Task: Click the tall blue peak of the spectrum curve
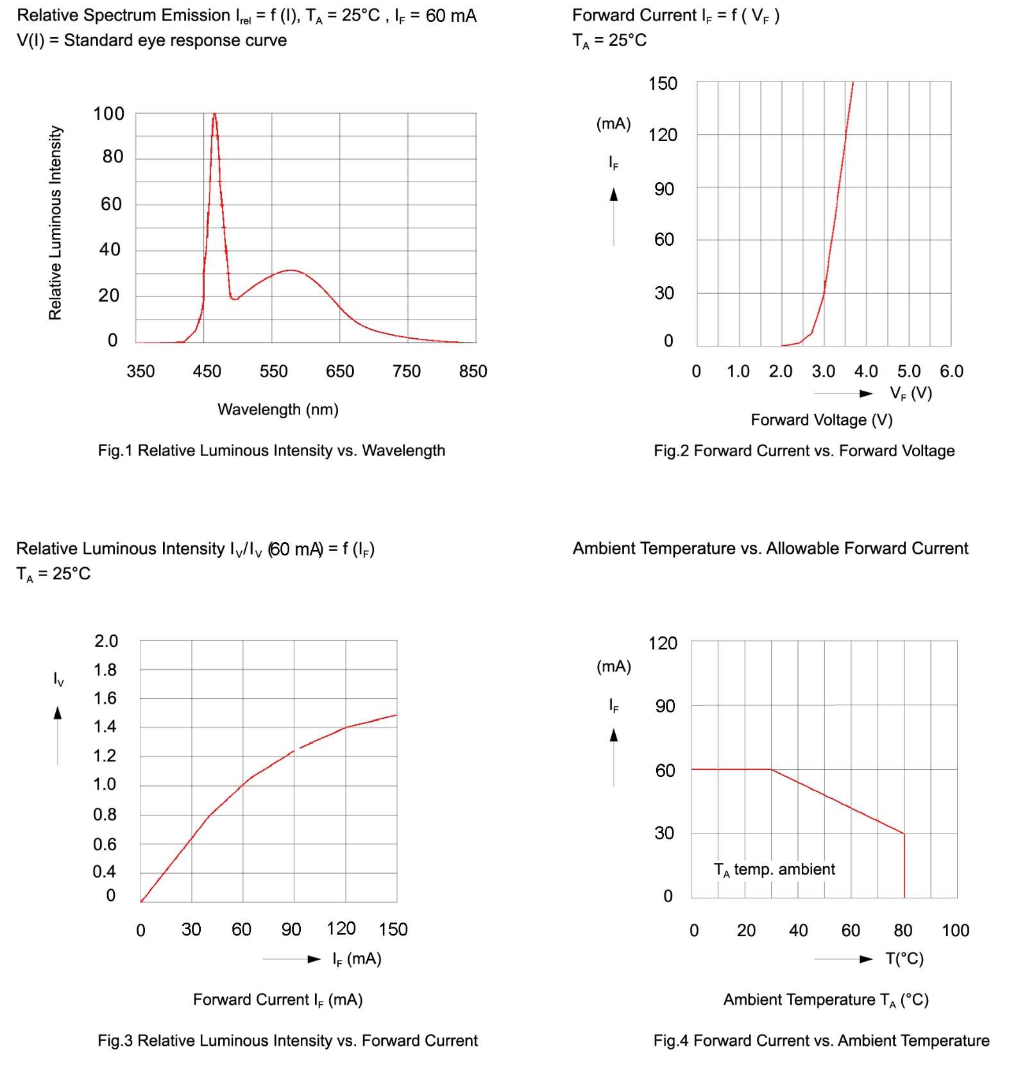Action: pos(214,115)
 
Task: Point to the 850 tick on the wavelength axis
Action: pos(473,371)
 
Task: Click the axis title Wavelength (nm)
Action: pos(278,409)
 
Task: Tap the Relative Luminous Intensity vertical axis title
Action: pos(56,223)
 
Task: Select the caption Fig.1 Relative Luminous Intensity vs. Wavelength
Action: pos(271,450)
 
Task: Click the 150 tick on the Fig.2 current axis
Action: pos(663,83)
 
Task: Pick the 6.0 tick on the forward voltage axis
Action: pos(951,371)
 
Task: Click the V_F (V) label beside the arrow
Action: pos(910,393)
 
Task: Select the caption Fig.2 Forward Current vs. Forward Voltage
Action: pos(804,450)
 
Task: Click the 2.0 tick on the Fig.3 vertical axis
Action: pos(106,641)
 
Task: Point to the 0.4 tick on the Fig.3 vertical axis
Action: pos(104,871)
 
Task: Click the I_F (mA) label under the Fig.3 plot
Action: pos(356,959)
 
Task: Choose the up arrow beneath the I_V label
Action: pos(58,713)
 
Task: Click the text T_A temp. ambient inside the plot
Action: pos(774,869)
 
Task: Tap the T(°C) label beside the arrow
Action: pos(904,959)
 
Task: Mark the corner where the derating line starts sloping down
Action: pos(771,769)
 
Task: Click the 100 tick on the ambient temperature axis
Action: pos(955,930)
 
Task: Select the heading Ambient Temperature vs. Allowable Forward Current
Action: pos(770,548)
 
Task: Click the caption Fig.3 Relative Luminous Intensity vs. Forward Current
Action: pos(287,1040)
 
